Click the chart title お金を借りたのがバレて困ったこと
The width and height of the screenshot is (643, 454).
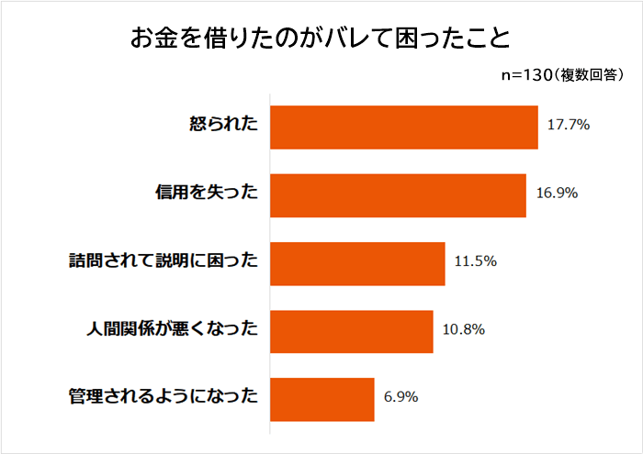(320, 39)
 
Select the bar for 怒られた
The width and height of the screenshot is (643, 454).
(404, 126)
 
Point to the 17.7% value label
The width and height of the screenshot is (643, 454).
(568, 126)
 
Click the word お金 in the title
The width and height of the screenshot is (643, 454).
(154, 39)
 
